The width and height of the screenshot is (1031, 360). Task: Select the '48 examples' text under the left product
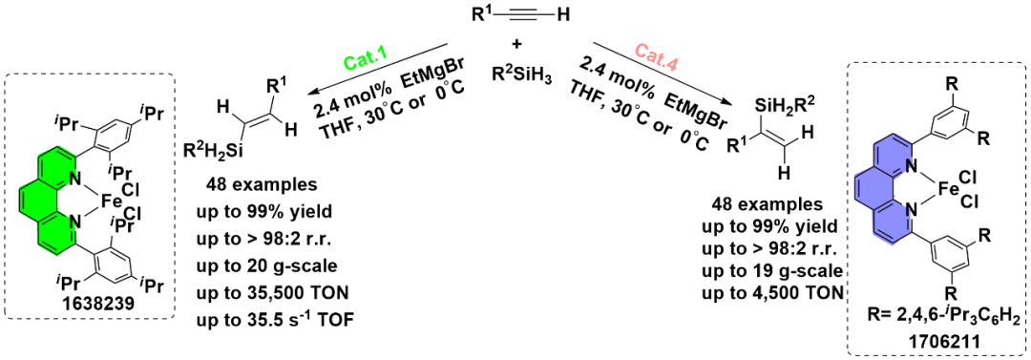click(247, 186)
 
